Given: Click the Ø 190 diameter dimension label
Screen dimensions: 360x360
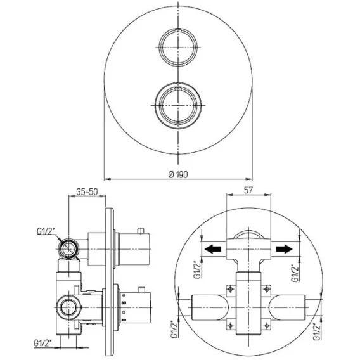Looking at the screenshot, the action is point(178,175).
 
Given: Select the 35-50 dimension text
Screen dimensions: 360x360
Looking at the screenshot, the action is point(87,191).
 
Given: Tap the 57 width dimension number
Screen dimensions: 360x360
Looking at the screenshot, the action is point(248,190).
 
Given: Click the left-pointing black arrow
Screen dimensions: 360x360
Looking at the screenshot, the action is point(212,249).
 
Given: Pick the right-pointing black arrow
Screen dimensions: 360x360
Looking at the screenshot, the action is point(285,249).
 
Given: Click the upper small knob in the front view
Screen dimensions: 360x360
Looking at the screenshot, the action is point(178,48).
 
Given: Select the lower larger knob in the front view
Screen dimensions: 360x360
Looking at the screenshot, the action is point(178,105).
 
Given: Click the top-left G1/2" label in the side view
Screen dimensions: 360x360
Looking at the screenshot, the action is point(46,232).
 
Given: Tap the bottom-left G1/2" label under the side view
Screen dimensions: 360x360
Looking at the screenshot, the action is point(43,344).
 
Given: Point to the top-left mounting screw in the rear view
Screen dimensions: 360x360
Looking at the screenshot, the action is point(230,289).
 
